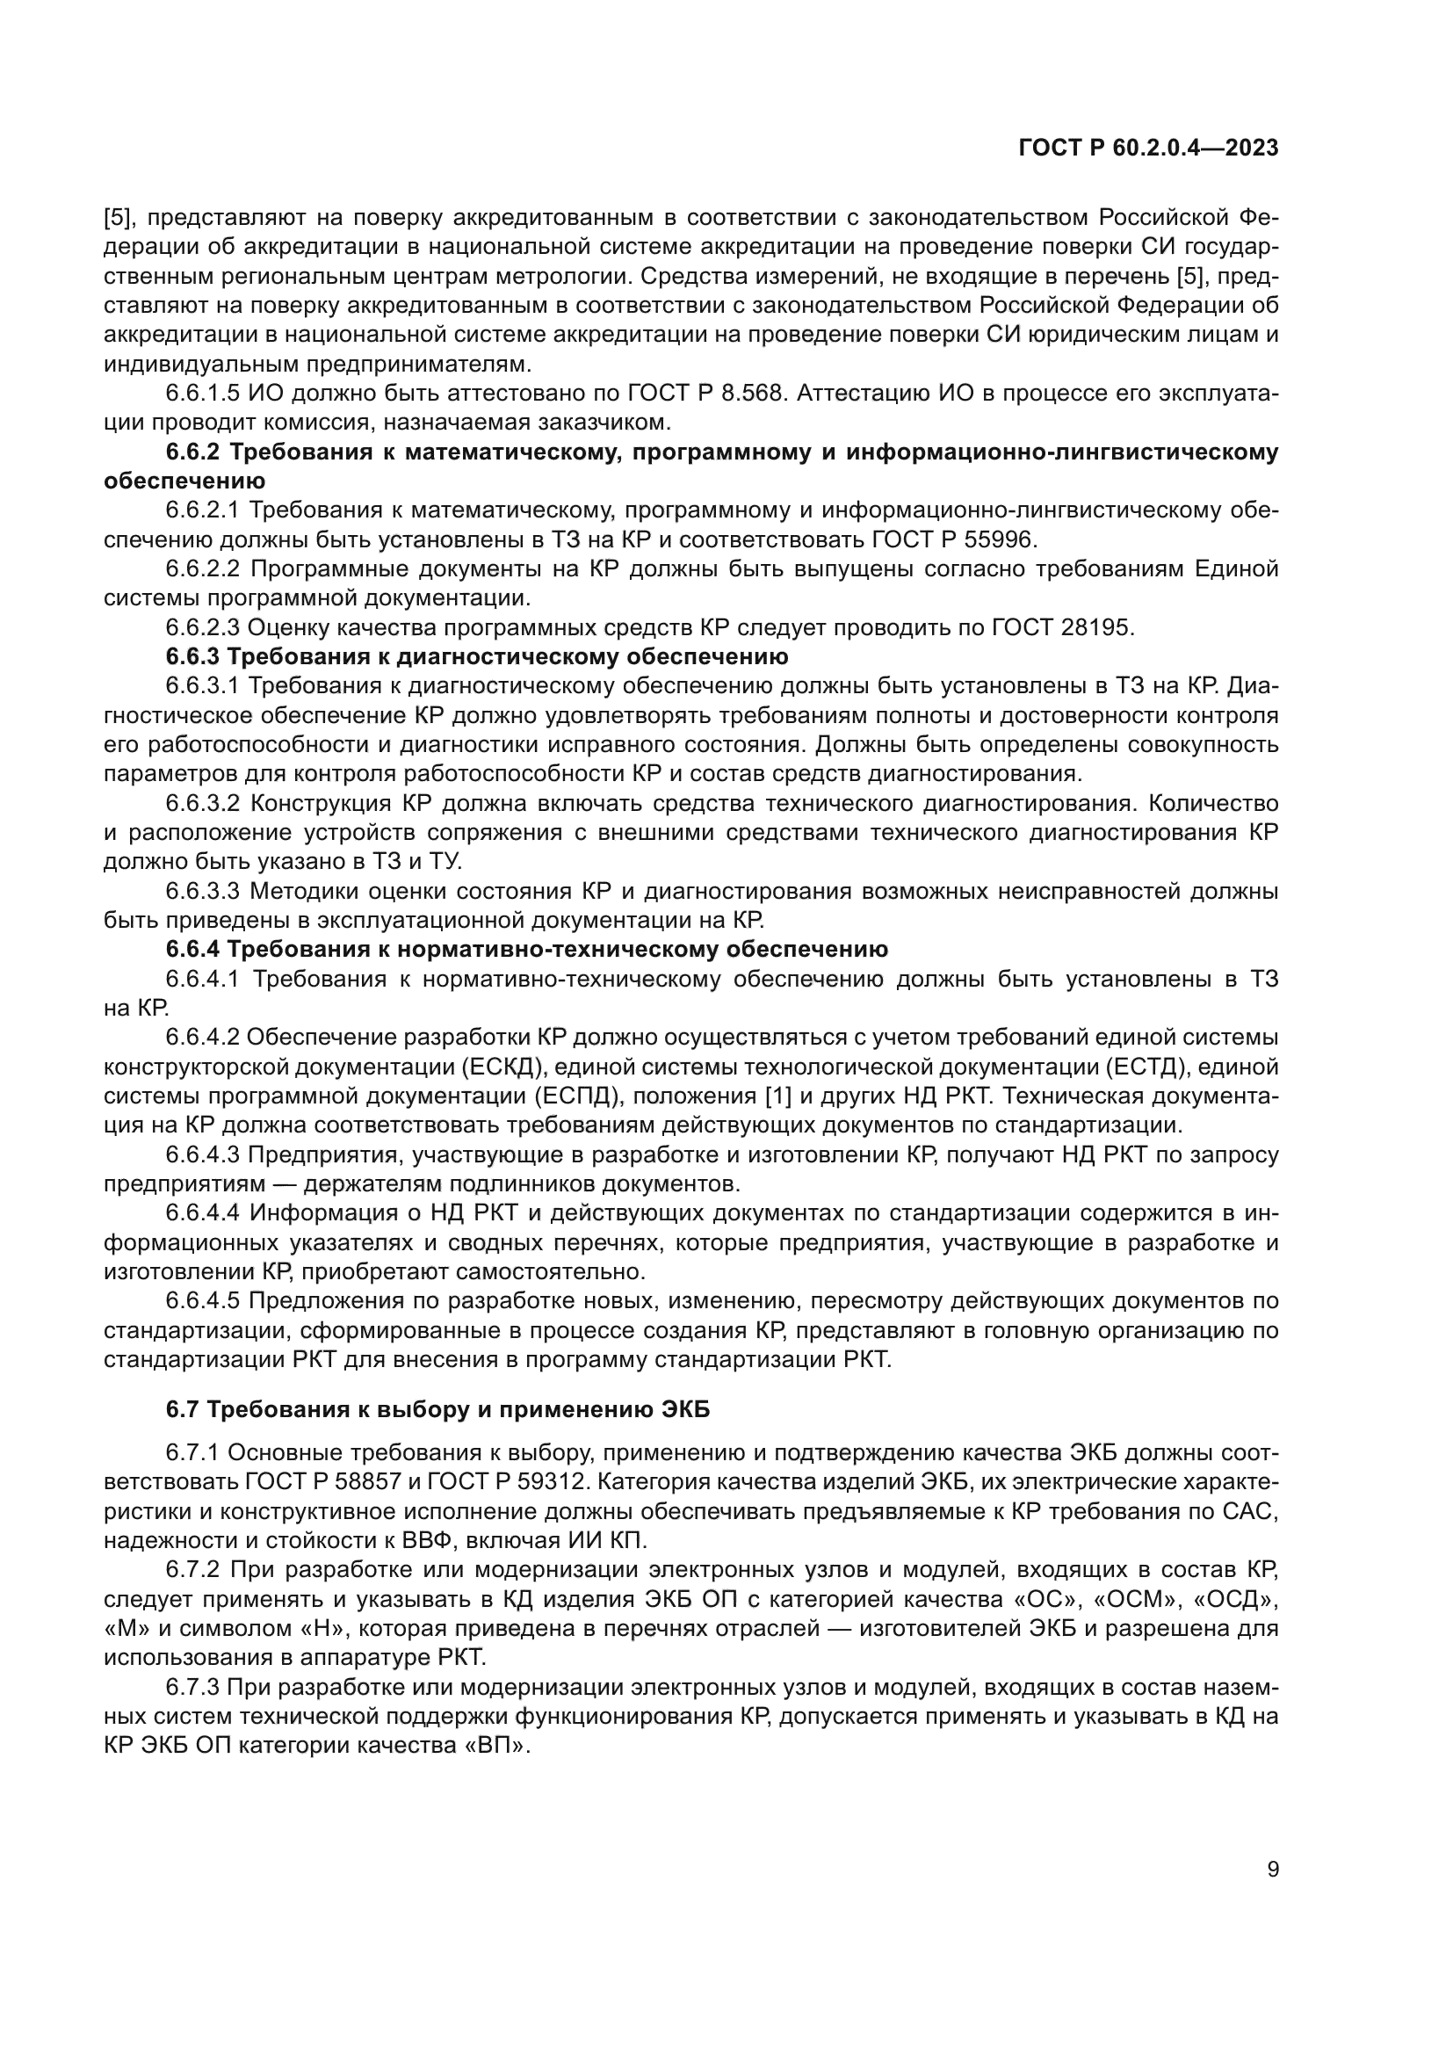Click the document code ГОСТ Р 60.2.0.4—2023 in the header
(x=1148, y=148)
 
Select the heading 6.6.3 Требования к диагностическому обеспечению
(x=476, y=657)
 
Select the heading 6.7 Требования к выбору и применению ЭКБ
(x=437, y=1409)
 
